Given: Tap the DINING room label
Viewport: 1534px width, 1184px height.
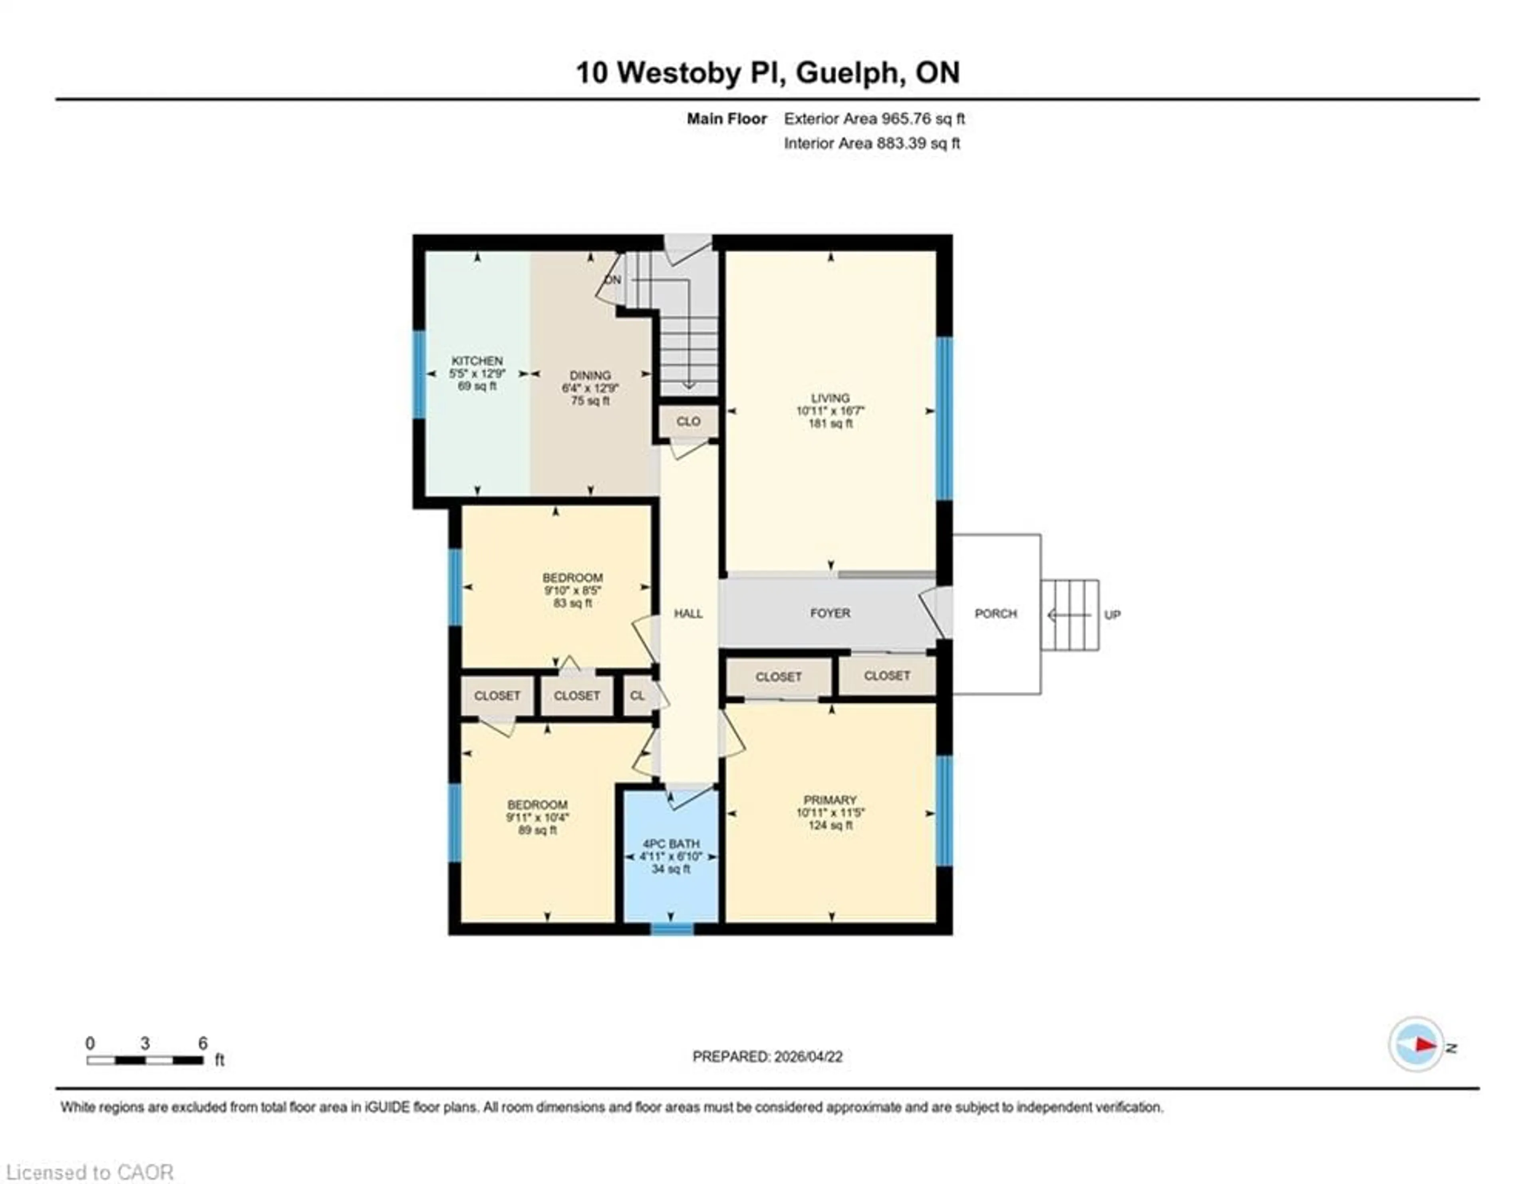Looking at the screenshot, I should tap(590, 375).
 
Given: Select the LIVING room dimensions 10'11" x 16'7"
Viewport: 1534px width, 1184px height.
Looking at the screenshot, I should tap(830, 411).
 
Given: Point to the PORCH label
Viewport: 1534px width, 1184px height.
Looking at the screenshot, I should tap(995, 614).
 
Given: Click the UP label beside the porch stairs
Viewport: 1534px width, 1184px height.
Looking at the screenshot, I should tap(1112, 614).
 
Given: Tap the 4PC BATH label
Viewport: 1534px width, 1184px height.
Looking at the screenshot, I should tap(671, 843).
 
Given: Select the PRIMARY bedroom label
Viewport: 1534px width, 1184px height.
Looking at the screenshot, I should tap(830, 800).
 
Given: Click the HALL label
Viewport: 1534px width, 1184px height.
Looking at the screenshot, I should tap(688, 613).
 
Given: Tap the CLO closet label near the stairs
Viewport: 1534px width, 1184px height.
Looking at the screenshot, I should tap(688, 421).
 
